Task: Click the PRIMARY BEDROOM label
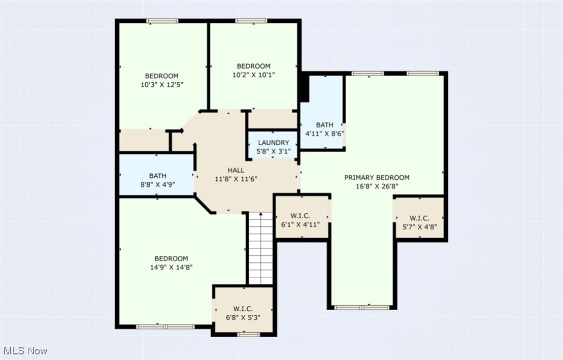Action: [x=377, y=177]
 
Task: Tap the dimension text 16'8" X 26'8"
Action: [x=377, y=186]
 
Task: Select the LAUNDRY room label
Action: [x=273, y=143]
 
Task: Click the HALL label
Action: [x=236, y=170]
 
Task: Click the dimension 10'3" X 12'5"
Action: [x=161, y=85]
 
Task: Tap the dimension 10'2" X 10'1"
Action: [x=253, y=75]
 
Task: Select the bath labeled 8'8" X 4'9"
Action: [x=157, y=180]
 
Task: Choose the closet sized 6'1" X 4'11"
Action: [x=301, y=220]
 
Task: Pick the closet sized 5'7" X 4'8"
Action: [x=419, y=222]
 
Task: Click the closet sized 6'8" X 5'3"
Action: [x=243, y=313]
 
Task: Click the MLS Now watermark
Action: [x=25, y=350]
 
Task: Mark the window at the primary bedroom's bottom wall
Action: [x=361, y=307]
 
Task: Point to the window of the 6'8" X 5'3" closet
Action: [x=248, y=334]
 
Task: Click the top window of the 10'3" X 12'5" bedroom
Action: [x=162, y=21]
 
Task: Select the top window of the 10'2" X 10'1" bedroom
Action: [x=251, y=21]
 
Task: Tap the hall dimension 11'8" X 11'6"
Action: [x=236, y=179]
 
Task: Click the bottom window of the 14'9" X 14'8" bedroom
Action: [x=165, y=326]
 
